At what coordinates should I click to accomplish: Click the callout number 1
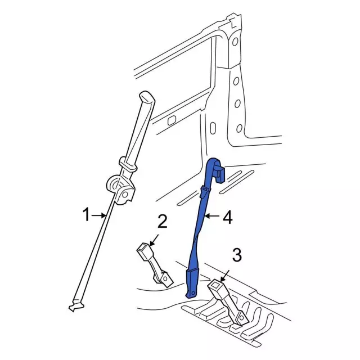pyautogui.click(x=86, y=215)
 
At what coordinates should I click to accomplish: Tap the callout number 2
pyautogui.click(x=163, y=222)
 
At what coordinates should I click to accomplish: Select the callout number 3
pyautogui.click(x=237, y=254)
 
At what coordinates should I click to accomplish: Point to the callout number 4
pyautogui.click(x=228, y=218)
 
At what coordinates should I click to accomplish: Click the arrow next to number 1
pyautogui.click(x=99, y=215)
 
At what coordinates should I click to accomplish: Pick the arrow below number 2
pyautogui.click(x=154, y=240)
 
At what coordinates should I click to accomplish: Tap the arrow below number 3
pyautogui.click(x=224, y=276)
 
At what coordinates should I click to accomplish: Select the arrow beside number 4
pyautogui.click(x=212, y=216)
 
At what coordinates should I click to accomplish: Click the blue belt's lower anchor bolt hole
pyautogui.click(x=193, y=292)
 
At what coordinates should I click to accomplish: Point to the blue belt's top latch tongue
pyautogui.click(x=220, y=174)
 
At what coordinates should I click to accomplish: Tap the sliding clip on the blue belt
pyautogui.click(x=205, y=192)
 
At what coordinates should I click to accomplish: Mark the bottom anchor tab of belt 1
pyautogui.click(x=76, y=306)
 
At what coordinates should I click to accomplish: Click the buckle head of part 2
pyautogui.click(x=144, y=251)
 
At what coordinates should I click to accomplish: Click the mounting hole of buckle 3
pyautogui.click(x=241, y=317)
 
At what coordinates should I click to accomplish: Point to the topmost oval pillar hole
pyautogui.click(x=235, y=42)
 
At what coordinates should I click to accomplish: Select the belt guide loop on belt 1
pyautogui.click(x=128, y=164)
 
